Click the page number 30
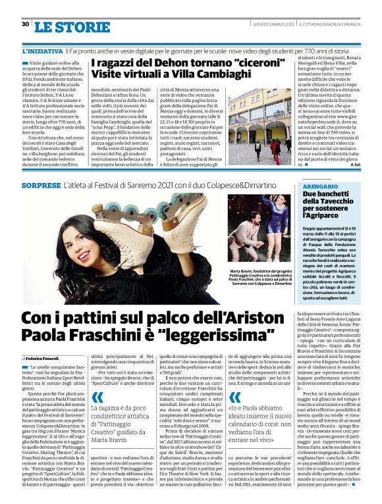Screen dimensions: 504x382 (25, 24)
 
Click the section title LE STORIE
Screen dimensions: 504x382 (63, 27)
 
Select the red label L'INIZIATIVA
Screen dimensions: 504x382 (42, 50)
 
